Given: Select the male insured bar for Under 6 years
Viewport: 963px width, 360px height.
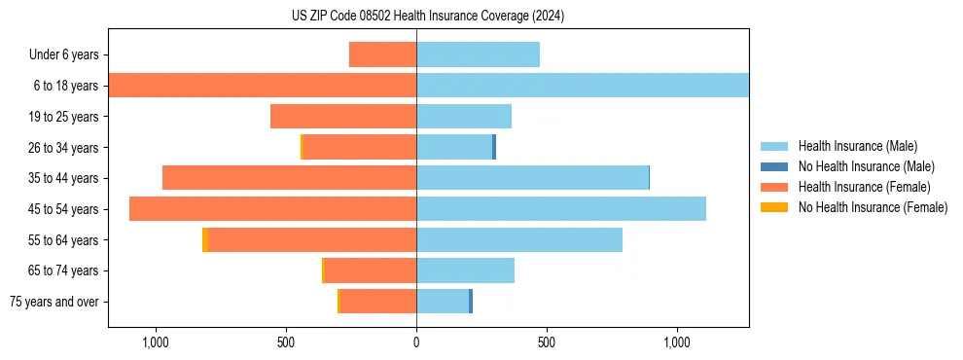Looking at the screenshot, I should click(x=478, y=54).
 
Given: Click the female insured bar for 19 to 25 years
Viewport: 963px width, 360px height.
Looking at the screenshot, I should click(x=343, y=117).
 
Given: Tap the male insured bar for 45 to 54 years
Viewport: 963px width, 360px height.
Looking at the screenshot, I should click(x=560, y=209).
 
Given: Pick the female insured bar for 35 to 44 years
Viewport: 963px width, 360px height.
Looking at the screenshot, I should click(x=289, y=178).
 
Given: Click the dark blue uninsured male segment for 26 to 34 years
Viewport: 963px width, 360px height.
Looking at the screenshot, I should click(x=494, y=147).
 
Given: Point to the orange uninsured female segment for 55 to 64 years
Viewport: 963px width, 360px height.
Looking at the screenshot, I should click(x=205, y=240).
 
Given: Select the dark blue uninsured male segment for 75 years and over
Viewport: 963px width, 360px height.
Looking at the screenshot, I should click(x=471, y=302).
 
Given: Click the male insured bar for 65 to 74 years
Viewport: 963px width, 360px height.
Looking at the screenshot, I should click(x=465, y=270).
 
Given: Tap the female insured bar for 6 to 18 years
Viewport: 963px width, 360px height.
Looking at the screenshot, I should click(x=263, y=86).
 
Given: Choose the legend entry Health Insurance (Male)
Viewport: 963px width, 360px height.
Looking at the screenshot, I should click(x=857, y=146).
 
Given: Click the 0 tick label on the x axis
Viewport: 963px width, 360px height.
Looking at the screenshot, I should click(x=416, y=342).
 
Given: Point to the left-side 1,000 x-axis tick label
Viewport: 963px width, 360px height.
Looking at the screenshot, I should click(x=156, y=342).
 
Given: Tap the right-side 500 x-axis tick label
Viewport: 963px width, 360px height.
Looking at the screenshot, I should click(x=547, y=342).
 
